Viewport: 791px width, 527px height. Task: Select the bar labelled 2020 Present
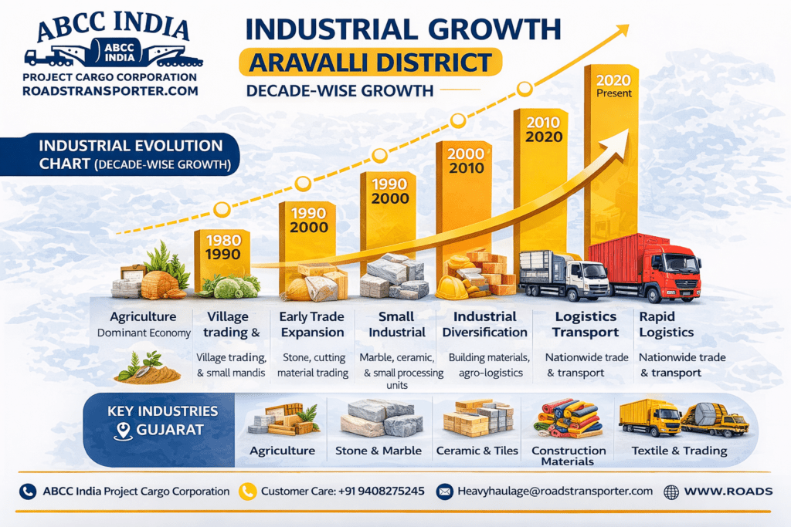coord(613,154)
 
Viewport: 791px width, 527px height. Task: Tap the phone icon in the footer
coord(28,491)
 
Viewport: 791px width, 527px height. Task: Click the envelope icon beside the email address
coord(444,491)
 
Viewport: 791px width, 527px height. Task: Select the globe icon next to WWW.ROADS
coord(671,491)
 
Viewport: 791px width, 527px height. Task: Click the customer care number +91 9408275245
coord(381,491)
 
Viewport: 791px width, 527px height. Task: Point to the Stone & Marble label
coord(379,451)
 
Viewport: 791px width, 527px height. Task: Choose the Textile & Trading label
coord(679,451)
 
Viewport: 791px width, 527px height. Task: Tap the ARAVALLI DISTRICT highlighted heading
coord(369,62)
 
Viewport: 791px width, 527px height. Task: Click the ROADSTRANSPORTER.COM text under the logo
coord(110,91)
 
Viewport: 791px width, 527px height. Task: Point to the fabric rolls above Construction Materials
coord(569,419)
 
